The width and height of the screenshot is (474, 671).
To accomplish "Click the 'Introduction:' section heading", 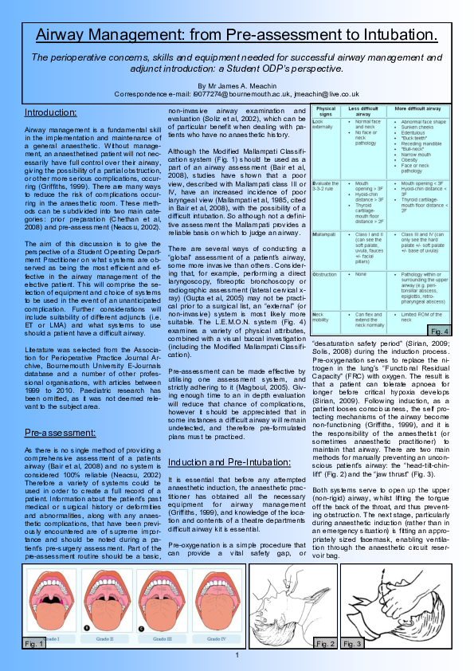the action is [50, 112].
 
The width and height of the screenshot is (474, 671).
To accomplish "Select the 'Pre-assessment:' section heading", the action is [60, 432].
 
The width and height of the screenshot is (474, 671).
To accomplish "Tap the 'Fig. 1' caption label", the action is [34, 642].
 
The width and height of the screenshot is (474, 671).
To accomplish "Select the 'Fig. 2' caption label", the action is [325, 642].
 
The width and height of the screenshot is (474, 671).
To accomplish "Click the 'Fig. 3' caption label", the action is [351, 642].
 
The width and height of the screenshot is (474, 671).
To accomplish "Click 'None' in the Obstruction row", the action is [362, 273].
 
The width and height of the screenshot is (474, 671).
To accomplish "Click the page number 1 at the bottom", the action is [237, 655].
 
